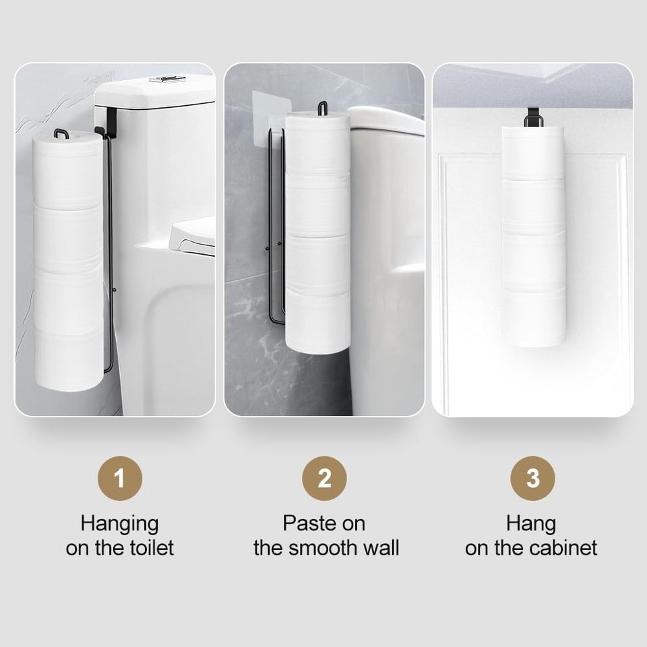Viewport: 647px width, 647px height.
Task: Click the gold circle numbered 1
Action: [x=120, y=479]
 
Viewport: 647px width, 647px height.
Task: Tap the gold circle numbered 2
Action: [x=324, y=479]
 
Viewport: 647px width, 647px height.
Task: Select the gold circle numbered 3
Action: [x=532, y=479]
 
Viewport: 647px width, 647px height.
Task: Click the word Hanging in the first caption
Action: [x=120, y=525]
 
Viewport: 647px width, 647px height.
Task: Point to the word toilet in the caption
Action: [x=152, y=548]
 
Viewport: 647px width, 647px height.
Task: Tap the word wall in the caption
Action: [x=381, y=548]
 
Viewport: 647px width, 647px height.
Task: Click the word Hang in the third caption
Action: [x=531, y=525]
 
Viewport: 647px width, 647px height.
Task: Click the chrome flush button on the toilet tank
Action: [x=168, y=79]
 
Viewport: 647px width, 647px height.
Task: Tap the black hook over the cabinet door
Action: [x=532, y=117]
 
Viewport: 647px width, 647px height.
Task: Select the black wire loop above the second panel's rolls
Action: [x=322, y=108]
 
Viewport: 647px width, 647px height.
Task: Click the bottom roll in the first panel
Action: [x=69, y=359]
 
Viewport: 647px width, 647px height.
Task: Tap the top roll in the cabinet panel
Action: [x=533, y=153]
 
